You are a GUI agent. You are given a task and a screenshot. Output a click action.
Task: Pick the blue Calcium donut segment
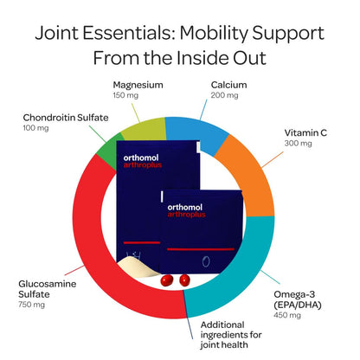(196, 132)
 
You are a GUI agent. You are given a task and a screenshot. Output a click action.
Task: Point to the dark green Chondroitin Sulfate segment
(107, 150)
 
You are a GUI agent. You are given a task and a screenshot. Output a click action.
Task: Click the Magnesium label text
(138, 85)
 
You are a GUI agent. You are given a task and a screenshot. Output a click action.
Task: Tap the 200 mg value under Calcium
(224, 95)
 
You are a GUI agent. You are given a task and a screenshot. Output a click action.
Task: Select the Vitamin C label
(305, 132)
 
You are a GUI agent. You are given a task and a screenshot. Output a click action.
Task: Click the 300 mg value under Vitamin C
(298, 144)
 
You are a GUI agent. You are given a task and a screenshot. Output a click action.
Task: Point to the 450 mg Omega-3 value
(287, 315)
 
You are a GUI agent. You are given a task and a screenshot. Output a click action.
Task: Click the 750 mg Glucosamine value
(31, 305)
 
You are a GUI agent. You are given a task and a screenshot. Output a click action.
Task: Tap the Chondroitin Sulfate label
(66, 118)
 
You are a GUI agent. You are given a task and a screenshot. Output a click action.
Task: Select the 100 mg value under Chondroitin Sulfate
(35, 128)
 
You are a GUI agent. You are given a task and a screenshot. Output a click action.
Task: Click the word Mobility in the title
(214, 34)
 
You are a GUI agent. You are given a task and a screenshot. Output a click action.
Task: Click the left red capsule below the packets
(167, 280)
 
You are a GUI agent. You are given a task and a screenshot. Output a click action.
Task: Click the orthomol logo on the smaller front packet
(185, 207)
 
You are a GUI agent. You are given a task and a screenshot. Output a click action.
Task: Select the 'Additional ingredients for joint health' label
(231, 335)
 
